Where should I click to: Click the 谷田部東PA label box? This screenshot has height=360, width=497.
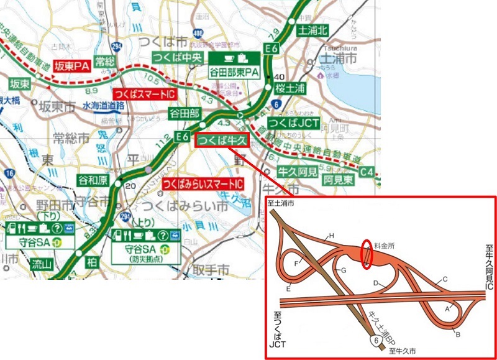click(233, 67)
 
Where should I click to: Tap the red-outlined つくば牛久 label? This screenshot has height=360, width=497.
click(221, 140)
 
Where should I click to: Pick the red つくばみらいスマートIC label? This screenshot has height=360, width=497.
click(202, 185)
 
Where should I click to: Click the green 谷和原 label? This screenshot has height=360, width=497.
click(93, 180)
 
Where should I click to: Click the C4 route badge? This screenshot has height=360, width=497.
click(367, 170)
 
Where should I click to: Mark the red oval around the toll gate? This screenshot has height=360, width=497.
click(367, 254)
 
